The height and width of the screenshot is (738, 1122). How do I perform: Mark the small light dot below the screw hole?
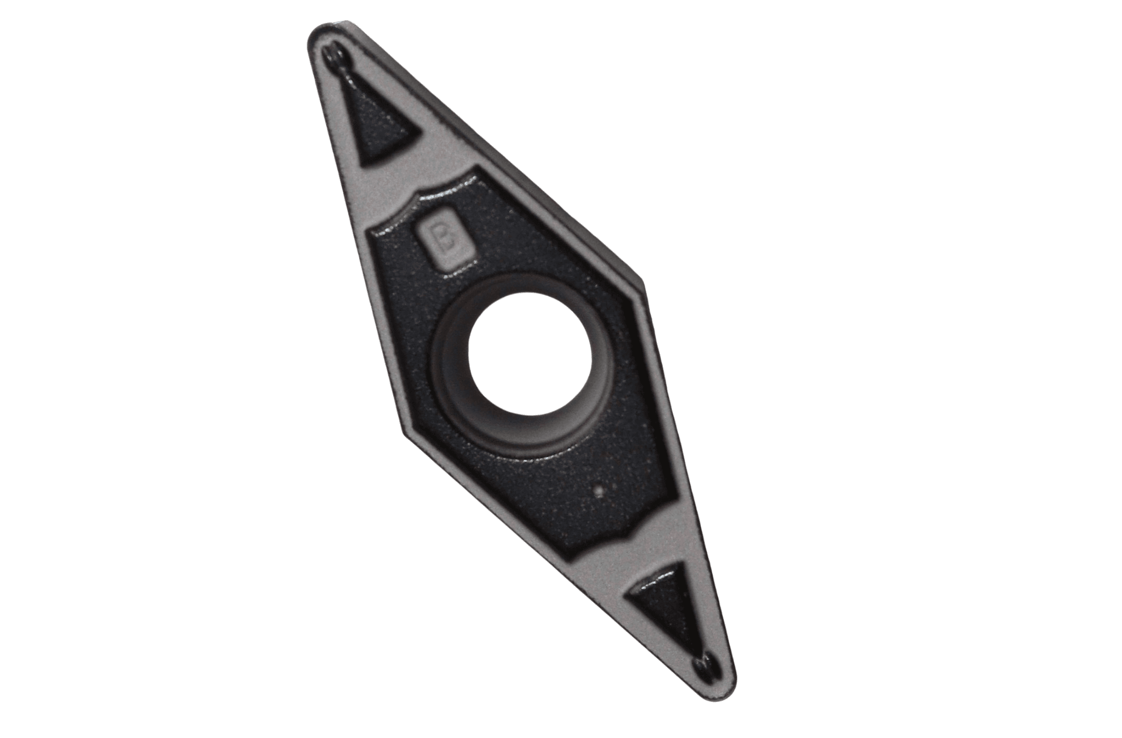[599, 492]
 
